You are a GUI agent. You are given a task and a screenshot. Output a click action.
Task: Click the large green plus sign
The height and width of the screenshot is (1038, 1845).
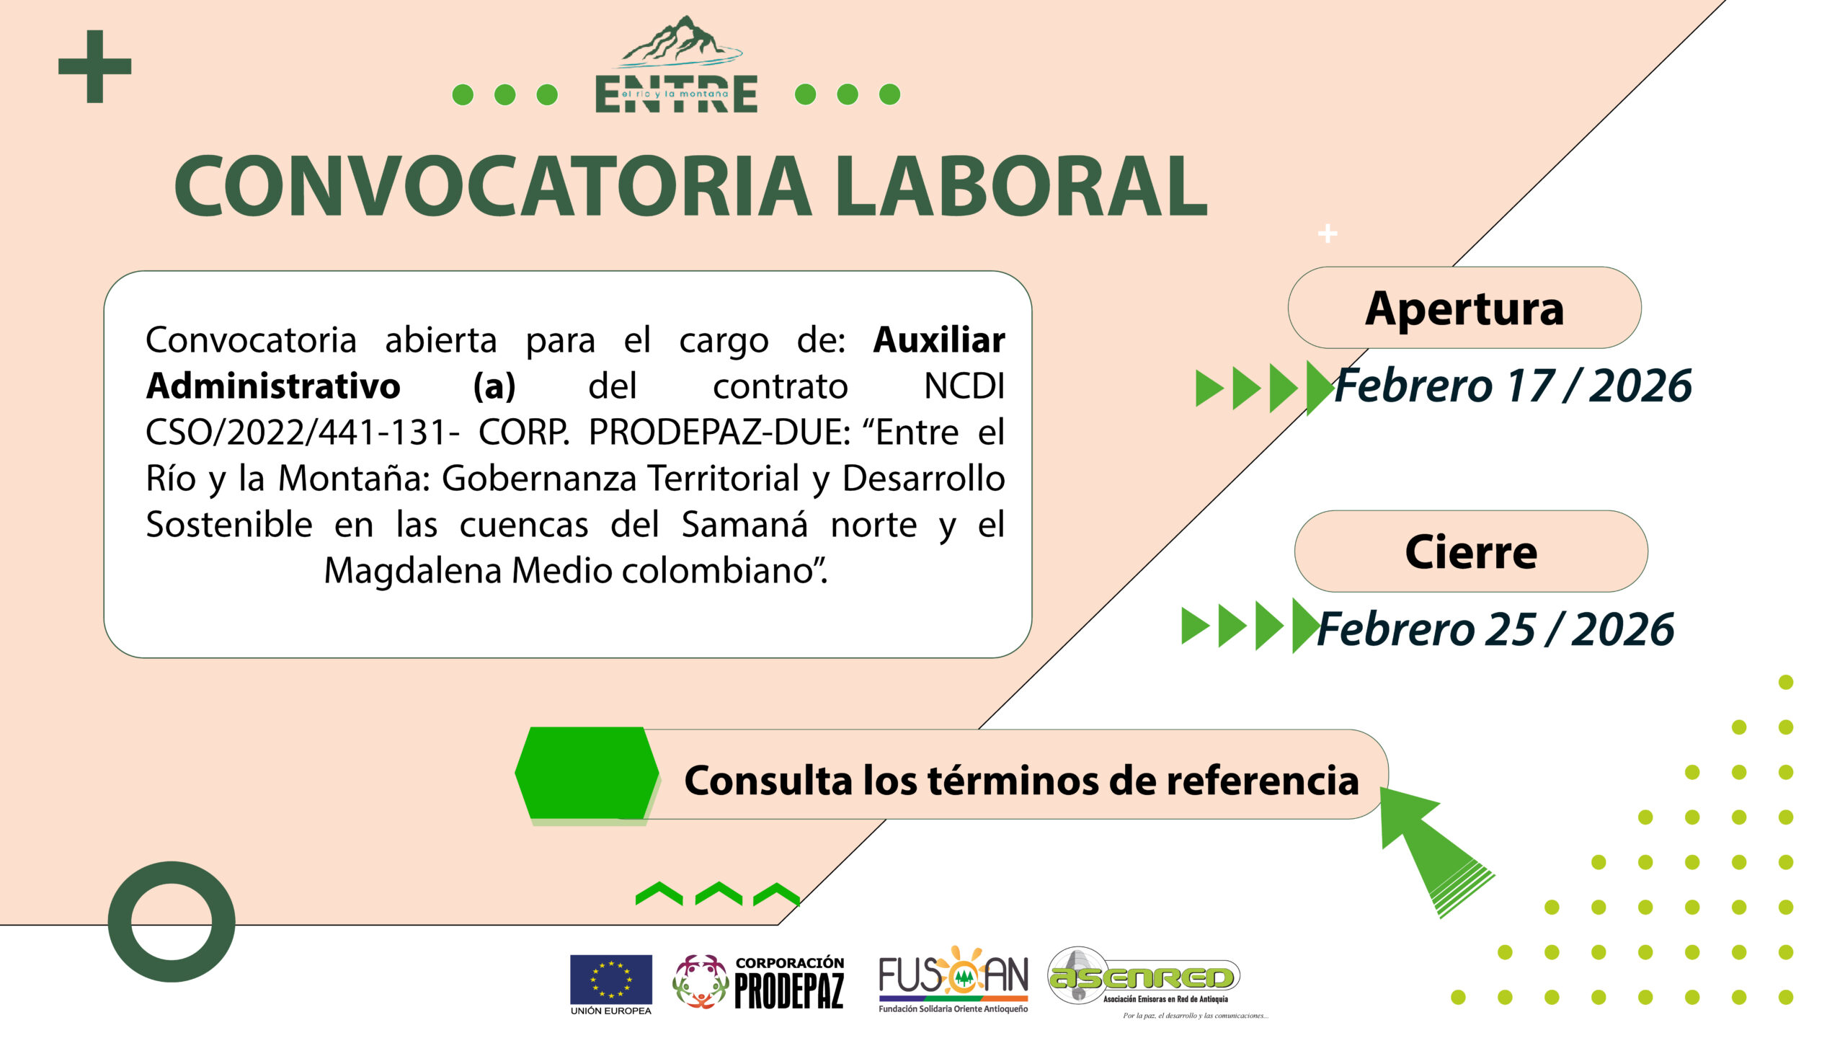point(94,66)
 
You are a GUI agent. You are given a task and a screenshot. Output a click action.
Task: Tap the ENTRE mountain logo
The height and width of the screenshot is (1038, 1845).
point(677,65)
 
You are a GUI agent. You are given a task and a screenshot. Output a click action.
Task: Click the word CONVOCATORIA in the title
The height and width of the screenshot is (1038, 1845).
point(493,185)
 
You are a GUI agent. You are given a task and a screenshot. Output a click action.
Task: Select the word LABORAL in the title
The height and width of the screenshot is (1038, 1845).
point(1021,185)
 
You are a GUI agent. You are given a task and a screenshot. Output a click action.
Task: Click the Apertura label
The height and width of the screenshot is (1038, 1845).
point(1464,309)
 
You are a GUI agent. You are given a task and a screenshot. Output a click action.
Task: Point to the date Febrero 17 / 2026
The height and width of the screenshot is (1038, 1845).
point(1513,386)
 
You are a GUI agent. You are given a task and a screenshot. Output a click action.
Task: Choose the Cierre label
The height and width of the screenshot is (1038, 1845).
point(1471,552)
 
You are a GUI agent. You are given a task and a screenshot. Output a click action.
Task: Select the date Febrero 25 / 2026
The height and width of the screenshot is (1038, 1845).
point(1495,629)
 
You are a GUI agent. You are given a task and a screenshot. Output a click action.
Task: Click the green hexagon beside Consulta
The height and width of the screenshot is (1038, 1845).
point(587,773)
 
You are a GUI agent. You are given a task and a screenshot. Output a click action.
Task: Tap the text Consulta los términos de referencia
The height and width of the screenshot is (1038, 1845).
point(1021,781)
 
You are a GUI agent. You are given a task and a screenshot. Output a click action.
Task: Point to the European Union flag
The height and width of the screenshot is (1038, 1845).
point(611,980)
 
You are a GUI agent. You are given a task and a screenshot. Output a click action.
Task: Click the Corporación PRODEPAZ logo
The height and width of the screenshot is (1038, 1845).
point(758,982)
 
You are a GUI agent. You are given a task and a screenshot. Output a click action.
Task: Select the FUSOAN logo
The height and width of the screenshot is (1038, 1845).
point(953,979)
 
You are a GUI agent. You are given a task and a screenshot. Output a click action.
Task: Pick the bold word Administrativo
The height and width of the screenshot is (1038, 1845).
point(273,386)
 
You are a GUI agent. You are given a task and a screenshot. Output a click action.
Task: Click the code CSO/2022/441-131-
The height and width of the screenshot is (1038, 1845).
point(303,432)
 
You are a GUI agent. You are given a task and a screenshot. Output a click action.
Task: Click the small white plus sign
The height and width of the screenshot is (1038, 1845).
point(1328,234)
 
